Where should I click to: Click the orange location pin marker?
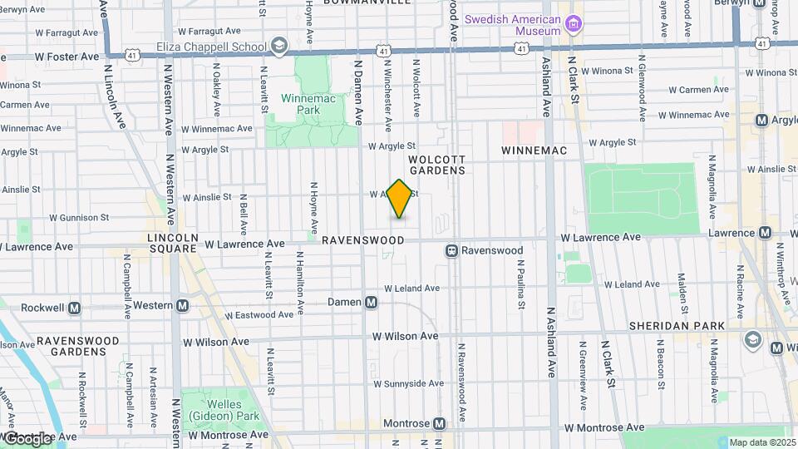[400, 199]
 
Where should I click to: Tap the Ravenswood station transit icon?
[452, 250]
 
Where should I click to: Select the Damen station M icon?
[372, 302]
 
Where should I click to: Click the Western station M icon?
[182, 305]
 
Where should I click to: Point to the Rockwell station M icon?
[75, 308]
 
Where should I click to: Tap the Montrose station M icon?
[440, 423]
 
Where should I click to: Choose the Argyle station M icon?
[761, 121]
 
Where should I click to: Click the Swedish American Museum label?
[513, 25]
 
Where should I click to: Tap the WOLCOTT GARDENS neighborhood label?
[437, 164]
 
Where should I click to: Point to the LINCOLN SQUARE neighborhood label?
[172, 243]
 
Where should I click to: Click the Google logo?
[28, 438]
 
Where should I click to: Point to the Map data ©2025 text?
[761, 442]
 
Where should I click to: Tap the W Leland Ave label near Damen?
[408, 288]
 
